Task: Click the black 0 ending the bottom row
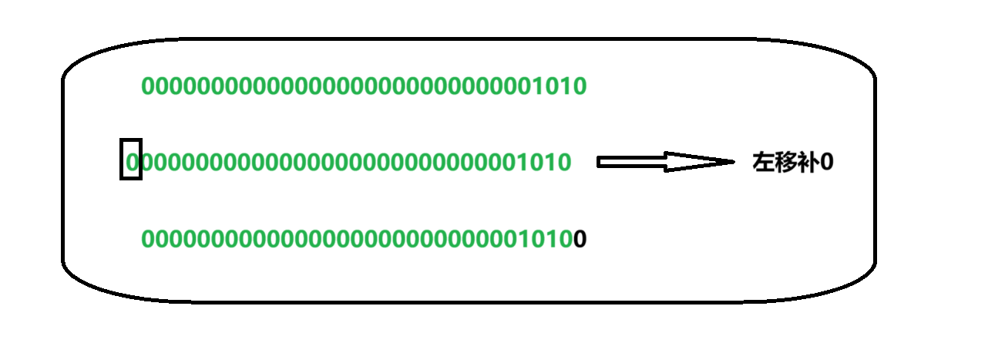point(580,240)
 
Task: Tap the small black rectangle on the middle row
point(131,159)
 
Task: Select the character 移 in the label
point(785,163)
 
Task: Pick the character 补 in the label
point(808,163)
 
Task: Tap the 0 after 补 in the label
point(828,163)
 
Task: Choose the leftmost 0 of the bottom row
point(148,240)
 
